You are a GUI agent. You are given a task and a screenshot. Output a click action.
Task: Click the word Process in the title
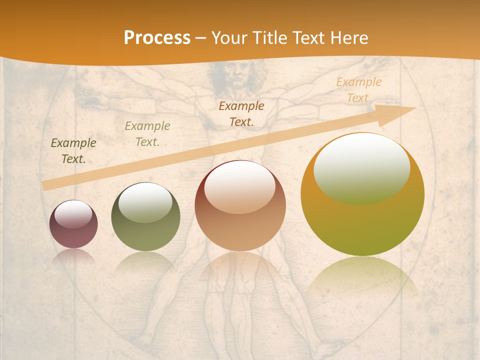click(x=157, y=38)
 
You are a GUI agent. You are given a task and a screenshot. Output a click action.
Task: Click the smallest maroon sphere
click(x=73, y=224)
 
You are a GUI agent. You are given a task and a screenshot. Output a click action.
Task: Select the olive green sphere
click(x=145, y=216)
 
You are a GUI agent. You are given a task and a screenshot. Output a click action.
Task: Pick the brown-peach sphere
click(x=240, y=205)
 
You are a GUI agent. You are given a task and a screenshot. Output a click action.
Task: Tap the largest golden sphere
click(x=362, y=194)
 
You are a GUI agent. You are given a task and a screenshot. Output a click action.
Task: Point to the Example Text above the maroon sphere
click(x=73, y=151)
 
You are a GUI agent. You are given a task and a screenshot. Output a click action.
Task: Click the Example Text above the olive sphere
click(x=147, y=134)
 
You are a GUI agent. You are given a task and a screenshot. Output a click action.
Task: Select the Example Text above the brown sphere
click(x=241, y=113)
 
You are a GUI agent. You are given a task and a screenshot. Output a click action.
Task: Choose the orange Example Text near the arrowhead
click(x=359, y=90)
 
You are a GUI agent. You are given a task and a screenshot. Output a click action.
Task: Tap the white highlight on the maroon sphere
click(x=73, y=214)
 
